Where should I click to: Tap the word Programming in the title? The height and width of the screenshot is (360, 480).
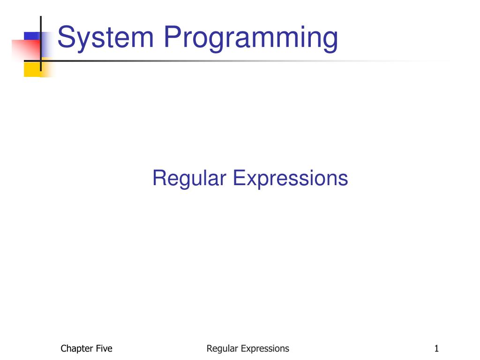250,38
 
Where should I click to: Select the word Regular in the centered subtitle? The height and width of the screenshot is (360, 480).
189,179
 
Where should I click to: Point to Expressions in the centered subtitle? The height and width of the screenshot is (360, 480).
290,179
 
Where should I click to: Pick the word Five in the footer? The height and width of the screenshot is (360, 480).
103,348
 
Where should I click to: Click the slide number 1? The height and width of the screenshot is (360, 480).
436,348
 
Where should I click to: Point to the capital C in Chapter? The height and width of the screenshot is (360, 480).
64,348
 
